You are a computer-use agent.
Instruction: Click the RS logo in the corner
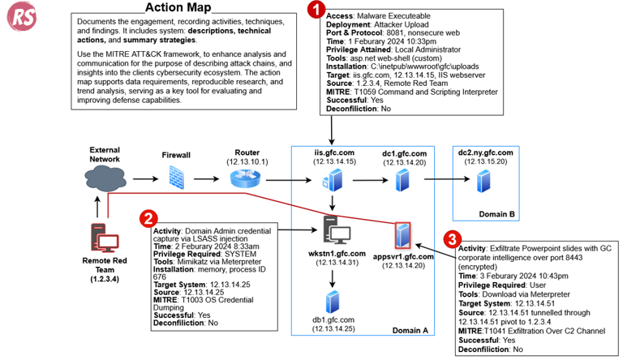pos(19,18)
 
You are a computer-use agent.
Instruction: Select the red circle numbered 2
pos(148,218)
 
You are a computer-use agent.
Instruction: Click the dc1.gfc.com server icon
pos(400,179)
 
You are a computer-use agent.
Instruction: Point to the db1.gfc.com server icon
pos(332,302)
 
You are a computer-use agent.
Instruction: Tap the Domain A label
pos(410,330)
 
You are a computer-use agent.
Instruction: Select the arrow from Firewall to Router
pos(210,178)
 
